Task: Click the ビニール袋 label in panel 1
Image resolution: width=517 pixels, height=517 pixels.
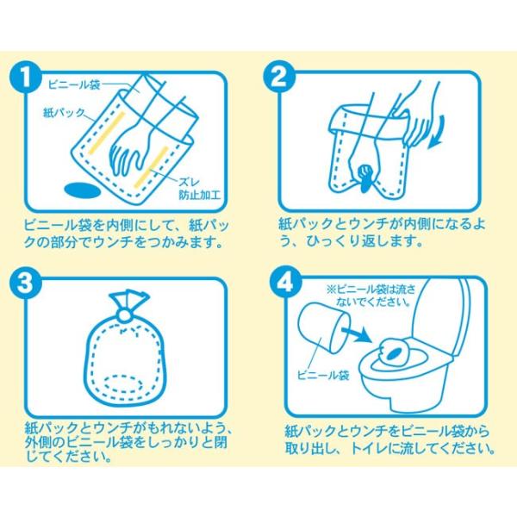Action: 74,85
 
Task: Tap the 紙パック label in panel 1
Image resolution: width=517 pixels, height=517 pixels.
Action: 65,113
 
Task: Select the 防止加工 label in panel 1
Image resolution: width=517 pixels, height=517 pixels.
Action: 199,195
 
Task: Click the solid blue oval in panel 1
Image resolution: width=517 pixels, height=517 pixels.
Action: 82,191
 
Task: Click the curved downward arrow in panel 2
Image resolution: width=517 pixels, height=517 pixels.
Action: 438,134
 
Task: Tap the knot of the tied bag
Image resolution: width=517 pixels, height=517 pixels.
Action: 125,315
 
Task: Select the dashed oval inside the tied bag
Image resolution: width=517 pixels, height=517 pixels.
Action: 123,384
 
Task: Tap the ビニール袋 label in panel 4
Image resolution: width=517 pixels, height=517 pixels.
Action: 323,375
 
